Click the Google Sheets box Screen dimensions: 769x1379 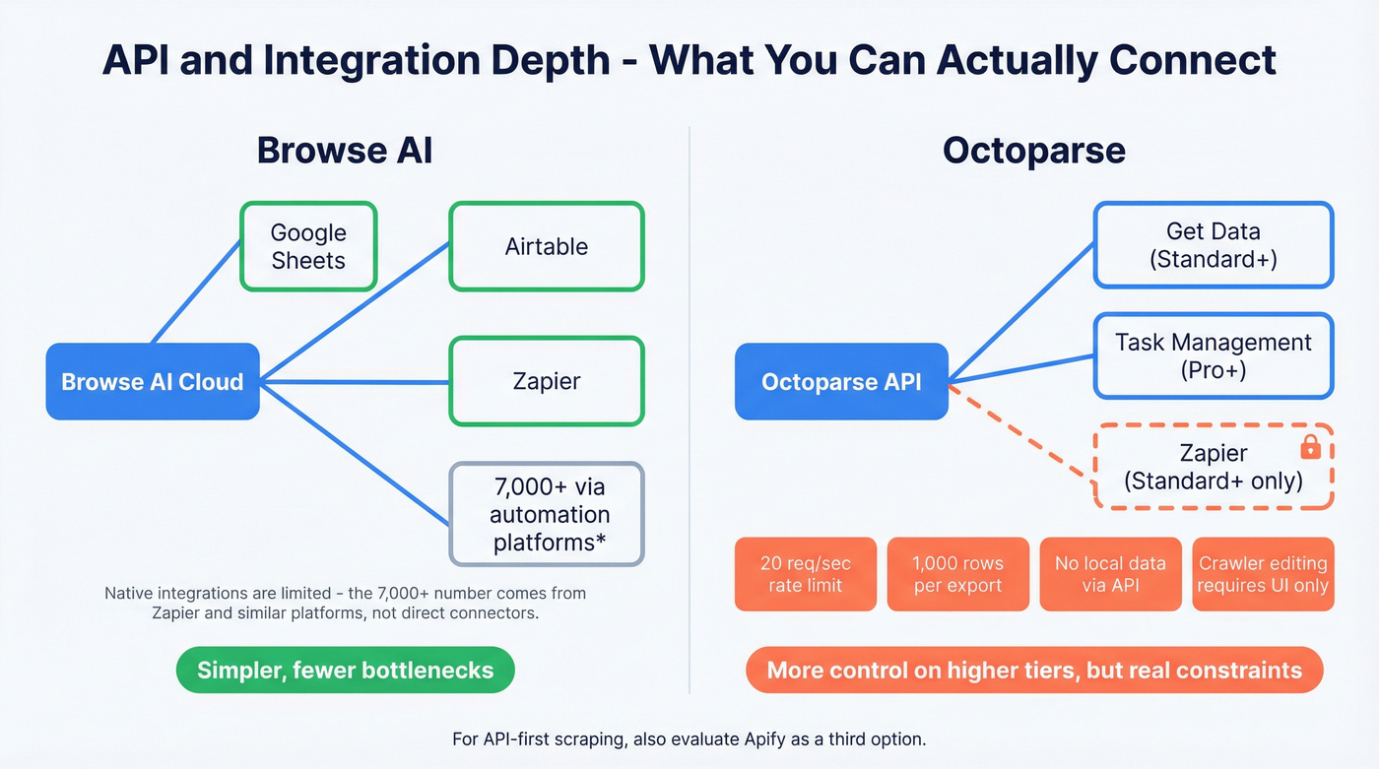click(x=308, y=246)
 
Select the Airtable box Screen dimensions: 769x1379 click(x=546, y=246)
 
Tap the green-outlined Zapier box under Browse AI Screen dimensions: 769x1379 click(x=546, y=381)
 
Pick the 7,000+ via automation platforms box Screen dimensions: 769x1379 click(x=546, y=514)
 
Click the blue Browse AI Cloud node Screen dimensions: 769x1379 click(x=153, y=381)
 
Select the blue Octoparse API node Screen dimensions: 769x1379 click(x=841, y=381)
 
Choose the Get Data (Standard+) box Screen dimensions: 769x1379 click(x=1213, y=245)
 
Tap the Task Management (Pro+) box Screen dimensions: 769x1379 click(x=1213, y=355)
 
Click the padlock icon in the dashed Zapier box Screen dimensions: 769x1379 click(x=1310, y=448)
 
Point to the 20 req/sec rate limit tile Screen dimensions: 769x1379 click(x=805, y=574)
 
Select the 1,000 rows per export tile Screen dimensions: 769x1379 click(x=957, y=574)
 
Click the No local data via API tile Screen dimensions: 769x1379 click(x=1110, y=574)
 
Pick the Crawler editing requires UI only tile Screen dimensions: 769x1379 click(x=1263, y=574)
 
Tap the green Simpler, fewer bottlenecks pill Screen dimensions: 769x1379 click(x=345, y=671)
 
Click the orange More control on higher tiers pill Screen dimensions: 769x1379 click(x=1034, y=671)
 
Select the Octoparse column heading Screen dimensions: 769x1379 click(x=1033, y=151)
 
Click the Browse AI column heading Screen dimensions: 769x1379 click(x=344, y=151)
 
